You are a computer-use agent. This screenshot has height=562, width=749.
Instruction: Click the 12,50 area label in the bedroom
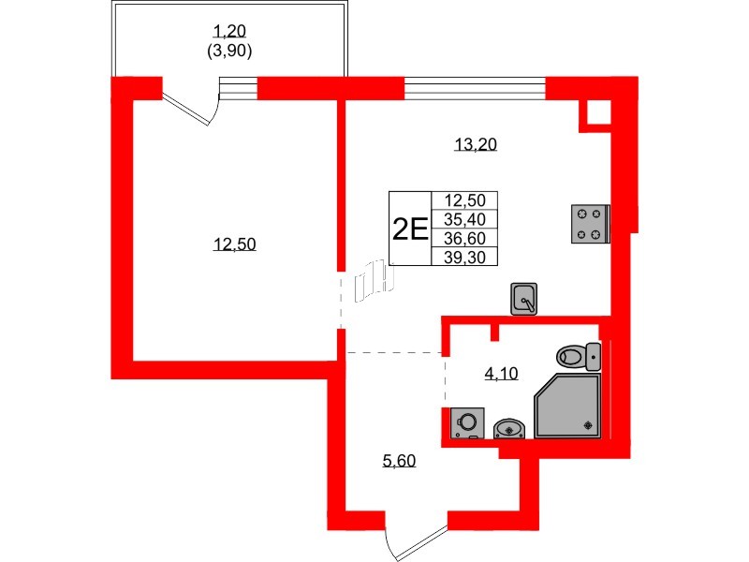pyautogui.click(x=235, y=244)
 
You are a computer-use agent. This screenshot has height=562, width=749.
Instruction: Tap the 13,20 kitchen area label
pyautogui.click(x=476, y=144)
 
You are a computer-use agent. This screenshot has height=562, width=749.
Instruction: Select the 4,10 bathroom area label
pyautogui.click(x=501, y=373)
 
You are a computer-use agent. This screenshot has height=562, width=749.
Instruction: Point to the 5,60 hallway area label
pyautogui.click(x=400, y=461)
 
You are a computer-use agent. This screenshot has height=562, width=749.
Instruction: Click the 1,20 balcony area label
pyautogui.click(x=229, y=32)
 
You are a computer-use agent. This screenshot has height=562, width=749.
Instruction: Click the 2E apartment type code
pyautogui.click(x=410, y=229)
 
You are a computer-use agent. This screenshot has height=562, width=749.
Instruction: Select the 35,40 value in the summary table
pyautogui.click(x=464, y=219)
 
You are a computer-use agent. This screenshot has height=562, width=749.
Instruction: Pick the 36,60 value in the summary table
pyautogui.click(x=464, y=238)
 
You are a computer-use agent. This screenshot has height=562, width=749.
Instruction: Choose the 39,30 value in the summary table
pyautogui.click(x=464, y=257)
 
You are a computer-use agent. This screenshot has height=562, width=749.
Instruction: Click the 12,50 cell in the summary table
pyautogui.click(x=464, y=200)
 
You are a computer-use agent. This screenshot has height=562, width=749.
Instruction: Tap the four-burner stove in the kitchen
pyautogui.click(x=591, y=224)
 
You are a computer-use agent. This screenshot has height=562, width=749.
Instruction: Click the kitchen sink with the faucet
pyautogui.click(x=524, y=299)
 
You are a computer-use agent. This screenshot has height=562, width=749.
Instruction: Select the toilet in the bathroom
pyautogui.click(x=579, y=357)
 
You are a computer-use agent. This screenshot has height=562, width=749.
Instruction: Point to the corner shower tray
pyautogui.click(x=568, y=406)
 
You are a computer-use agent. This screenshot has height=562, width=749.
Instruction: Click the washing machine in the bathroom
pyautogui.click(x=467, y=423)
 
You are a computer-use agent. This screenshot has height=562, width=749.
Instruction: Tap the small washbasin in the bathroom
pyautogui.click(x=509, y=428)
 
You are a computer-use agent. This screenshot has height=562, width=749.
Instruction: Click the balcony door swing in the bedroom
pyautogui.click(x=191, y=109)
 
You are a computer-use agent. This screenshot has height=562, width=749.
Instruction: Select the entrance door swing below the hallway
pyautogui.click(x=416, y=543)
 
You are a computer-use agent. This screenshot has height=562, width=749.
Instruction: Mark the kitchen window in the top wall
pyautogui.click(x=475, y=88)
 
